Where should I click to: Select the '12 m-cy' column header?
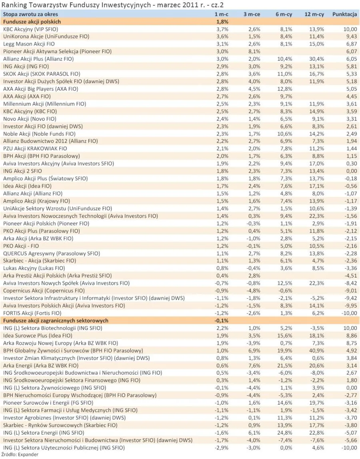(314, 14)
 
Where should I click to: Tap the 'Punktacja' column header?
(344, 14)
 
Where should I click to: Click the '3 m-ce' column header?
(252, 14)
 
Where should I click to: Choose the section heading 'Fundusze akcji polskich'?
(32, 22)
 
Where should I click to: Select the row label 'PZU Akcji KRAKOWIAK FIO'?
(35, 148)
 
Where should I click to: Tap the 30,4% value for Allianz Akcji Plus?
(317, 59)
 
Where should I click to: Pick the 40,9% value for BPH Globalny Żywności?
(317, 351)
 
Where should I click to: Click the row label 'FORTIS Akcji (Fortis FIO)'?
(32, 313)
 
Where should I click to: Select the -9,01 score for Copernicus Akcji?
(350, 291)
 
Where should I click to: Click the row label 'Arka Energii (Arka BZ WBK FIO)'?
(41, 365)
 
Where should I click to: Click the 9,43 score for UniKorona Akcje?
(351, 36)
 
